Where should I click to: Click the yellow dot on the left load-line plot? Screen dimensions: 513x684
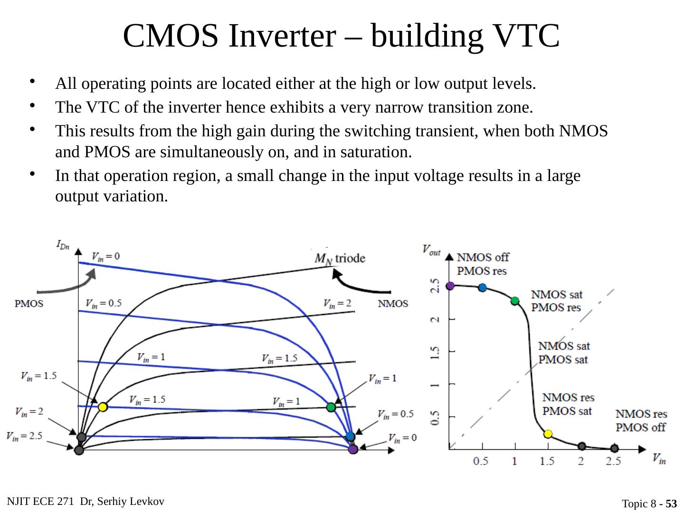[x=102, y=407]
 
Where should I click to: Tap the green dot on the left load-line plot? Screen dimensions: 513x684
[x=331, y=407]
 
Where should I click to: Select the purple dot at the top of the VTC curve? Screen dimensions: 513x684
[x=450, y=285]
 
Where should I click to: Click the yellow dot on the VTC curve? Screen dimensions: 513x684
[x=548, y=434]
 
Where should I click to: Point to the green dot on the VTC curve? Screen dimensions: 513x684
[x=515, y=301]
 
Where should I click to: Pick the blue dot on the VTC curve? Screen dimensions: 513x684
[x=483, y=287]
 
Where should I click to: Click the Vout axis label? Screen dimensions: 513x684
[x=431, y=249]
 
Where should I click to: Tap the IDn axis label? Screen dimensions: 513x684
[x=63, y=245]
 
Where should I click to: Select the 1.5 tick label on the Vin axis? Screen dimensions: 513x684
[x=547, y=461]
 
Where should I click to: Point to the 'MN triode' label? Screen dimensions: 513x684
[x=340, y=258]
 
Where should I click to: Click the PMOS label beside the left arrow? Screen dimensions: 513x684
[x=29, y=304]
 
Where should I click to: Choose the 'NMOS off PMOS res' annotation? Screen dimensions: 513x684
[x=482, y=264]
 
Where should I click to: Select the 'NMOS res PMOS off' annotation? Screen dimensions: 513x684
[x=641, y=420]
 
